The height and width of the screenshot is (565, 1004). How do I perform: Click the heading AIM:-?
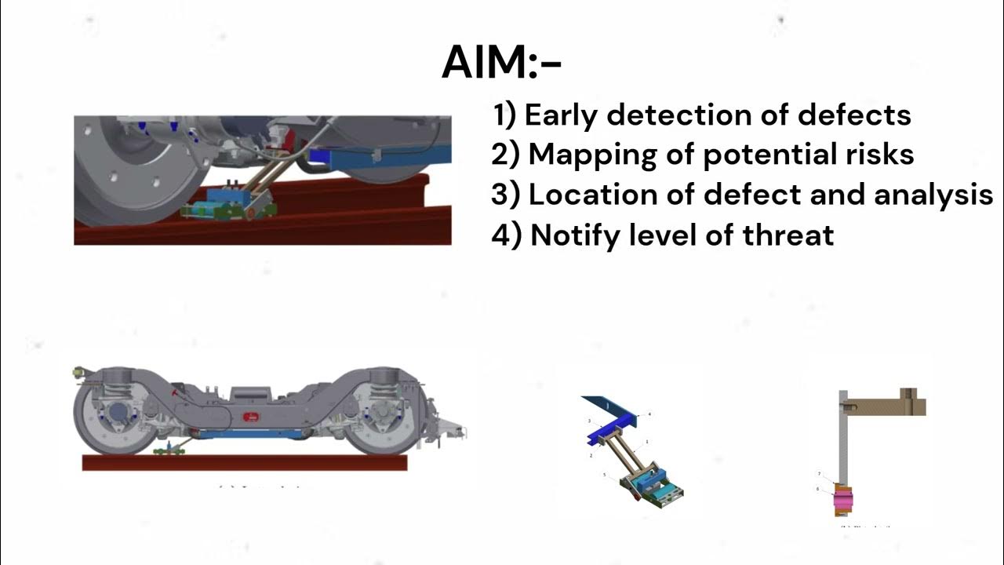pos(501,63)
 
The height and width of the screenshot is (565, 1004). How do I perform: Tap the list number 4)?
pos(506,235)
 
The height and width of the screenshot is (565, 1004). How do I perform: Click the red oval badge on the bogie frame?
pos(252,416)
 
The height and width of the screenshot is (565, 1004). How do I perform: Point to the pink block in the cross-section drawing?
pos(843,498)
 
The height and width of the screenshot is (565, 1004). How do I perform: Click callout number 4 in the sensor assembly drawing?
pos(649,414)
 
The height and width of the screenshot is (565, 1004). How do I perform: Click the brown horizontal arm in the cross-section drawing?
pos(886,405)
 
